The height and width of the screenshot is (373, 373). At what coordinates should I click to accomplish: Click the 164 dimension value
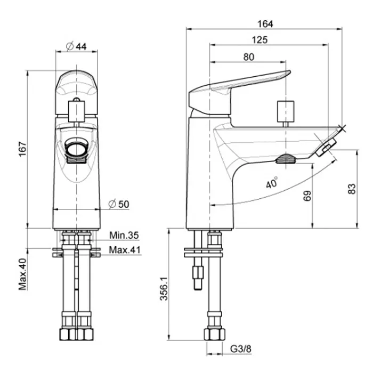coord(265,24)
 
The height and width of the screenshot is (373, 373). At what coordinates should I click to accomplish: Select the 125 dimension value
coord(260,40)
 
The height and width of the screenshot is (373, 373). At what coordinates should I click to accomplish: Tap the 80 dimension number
coord(249,57)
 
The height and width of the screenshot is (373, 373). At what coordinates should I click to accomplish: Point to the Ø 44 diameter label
coord(77,46)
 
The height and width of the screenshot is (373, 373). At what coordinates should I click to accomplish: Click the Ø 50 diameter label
coord(119,204)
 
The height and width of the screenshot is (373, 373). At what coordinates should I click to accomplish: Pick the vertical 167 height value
coord(23,149)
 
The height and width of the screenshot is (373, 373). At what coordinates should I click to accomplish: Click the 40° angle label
coord(272,183)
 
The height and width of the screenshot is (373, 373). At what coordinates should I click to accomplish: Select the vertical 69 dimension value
coord(307,196)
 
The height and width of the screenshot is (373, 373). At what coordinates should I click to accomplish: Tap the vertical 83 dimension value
coord(352,189)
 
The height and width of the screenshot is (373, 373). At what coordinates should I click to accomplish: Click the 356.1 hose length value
coord(164,289)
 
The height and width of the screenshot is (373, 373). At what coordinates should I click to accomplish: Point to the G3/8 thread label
coord(241,349)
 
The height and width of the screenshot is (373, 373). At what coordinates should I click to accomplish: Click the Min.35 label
coord(124,236)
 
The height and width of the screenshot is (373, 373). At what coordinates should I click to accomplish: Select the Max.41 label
coord(125,250)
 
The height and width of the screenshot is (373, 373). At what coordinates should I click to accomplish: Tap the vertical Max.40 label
coord(23,274)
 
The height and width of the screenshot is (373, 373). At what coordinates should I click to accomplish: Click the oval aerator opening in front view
coord(76,149)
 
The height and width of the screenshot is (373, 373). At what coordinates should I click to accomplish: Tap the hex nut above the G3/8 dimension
coord(214,335)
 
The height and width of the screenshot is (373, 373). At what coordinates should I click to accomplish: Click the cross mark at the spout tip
coord(343,128)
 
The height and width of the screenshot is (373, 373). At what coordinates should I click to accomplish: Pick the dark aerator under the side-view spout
coord(286,159)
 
